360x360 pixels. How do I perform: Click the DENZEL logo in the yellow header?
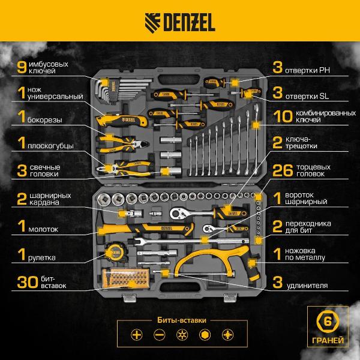tap(180, 22)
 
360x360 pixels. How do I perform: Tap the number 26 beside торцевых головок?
tap(283, 170)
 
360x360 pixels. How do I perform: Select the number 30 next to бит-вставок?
tap(28, 282)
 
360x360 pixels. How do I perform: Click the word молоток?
tap(43, 229)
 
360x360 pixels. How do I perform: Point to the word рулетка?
tap(42, 258)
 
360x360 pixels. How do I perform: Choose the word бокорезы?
tap(45, 120)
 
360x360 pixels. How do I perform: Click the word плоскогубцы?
tap(50, 146)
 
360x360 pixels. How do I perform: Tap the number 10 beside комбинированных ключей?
tap(283, 116)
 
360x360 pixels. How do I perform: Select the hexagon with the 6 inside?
tap(328, 322)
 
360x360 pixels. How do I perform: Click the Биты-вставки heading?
tap(182, 320)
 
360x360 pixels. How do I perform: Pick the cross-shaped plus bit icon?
tap(137, 335)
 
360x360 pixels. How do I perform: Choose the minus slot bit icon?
tap(159, 335)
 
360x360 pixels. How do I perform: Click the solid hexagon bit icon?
tap(205, 335)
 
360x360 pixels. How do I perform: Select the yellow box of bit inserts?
tap(125, 278)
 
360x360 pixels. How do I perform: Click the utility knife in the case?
tap(122, 120)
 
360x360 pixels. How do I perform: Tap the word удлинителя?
tap(307, 286)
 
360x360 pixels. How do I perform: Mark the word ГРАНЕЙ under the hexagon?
tap(328, 340)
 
